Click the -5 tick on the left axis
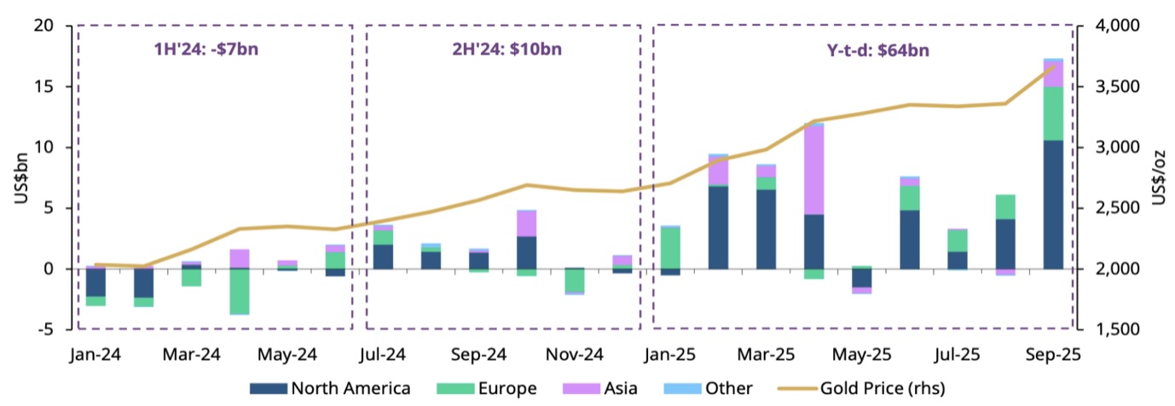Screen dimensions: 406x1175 pyautogui.click(x=49, y=329)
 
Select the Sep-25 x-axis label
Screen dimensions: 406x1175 pyautogui.click(x=1052, y=353)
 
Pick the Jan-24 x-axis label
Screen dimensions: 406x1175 pyautogui.click(x=96, y=353)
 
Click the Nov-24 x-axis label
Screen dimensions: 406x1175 pyautogui.click(x=574, y=353)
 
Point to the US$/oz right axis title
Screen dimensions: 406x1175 pyautogui.click(x=1160, y=177)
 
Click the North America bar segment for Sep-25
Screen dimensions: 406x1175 pyautogui.click(x=1053, y=205)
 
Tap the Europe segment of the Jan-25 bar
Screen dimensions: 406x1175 pyautogui.click(x=670, y=247)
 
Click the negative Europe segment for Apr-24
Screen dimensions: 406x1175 pyautogui.click(x=240, y=292)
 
